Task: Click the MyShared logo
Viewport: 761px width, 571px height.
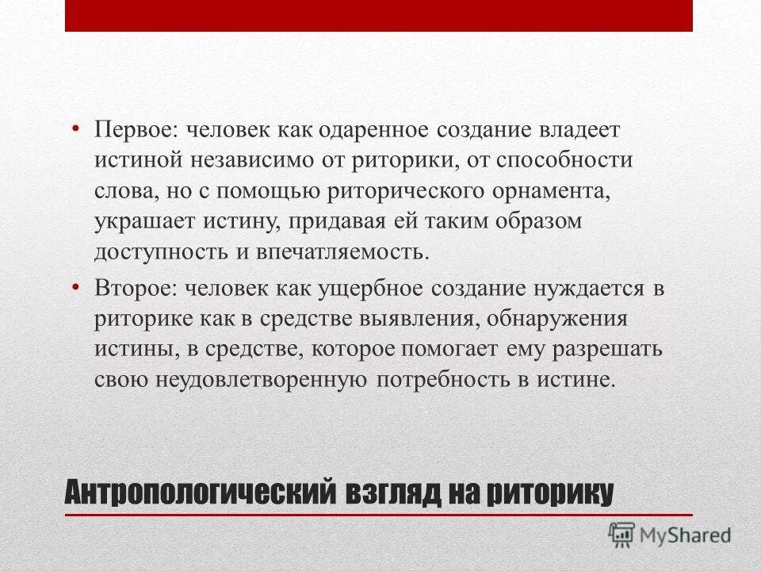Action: click(x=669, y=535)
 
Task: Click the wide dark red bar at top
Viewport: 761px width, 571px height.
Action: click(x=379, y=16)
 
